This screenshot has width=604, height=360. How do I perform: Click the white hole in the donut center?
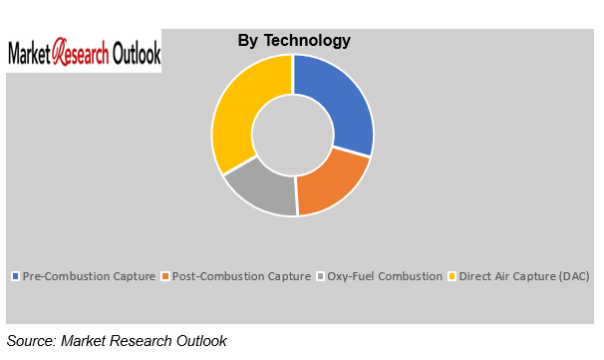click(293, 136)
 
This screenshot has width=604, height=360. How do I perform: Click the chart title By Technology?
click(293, 41)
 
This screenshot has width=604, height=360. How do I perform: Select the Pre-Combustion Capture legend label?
click(89, 275)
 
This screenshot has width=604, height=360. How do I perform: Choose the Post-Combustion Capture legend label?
click(242, 275)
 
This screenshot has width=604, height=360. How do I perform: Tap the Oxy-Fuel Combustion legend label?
click(384, 275)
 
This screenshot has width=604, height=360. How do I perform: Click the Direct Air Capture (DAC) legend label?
click(523, 275)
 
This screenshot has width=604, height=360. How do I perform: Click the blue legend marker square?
click(15, 275)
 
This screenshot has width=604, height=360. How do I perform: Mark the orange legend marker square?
click(166, 275)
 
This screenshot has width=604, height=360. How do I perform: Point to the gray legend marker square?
click(319, 275)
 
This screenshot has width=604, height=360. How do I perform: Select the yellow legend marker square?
click(451, 275)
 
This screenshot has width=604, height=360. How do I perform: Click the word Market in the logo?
click(30, 54)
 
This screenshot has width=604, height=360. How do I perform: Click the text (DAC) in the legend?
click(573, 275)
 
